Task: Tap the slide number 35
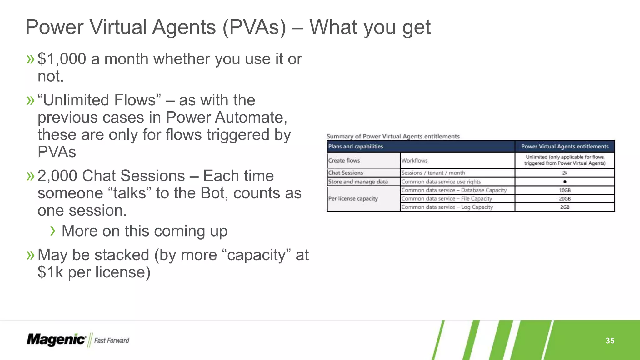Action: pyautogui.click(x=610, y=341)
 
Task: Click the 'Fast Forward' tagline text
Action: pyautogui.click(x=112, y=341)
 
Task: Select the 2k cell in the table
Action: pyautogui.click(x=565, y=173)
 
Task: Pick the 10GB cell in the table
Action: pyautogui.click(x=565, y=190)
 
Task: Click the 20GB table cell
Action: pyautogui.click(x=565, y=199)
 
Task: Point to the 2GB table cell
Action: pyautogui.click(x=565, y=207)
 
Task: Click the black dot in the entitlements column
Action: pyautogui.click(x=565, y=182)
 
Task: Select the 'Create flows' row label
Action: pyautogui.click(x=344, y=161)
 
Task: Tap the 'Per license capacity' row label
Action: pyautogui.click(x=353, y=199)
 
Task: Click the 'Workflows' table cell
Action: pyautogui.click(x=414, y=161)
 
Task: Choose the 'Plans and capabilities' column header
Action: pyautogui.click(x=355, y=147)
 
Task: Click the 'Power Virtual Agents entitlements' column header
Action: pyautogui.click(x=565, y=147)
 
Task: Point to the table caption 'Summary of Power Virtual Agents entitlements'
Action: pyautogui.click(x=393, y=136)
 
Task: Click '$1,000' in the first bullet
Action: pyautogui.click(x=62, y=59)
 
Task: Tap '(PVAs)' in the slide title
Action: pyautogui.click(x=254, y=27)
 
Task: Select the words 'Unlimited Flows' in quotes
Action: pyautogui.click(x=99, y=100)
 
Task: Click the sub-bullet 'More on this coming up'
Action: pyautogui.click(x=144, y=231)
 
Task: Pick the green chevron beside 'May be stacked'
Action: pyautogui.click(x=30, y=255)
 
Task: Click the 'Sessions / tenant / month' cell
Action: pyautogui.click(x=433, y=173)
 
